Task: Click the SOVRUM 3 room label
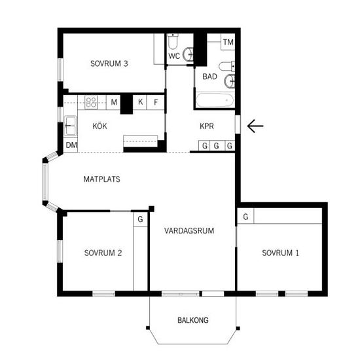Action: (x=109, y=63)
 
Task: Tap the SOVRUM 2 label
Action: (x=103, y=253)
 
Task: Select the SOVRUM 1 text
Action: (x=280, y=253)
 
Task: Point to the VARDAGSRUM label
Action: (x=189, y=231)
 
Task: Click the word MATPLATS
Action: (x=101, y=179)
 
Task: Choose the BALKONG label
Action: (x=193, y=320)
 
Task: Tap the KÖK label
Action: (x=99, y=126)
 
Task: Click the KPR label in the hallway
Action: (x=207, y=126)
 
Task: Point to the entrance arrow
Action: (x=255, y=126)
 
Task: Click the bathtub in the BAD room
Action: (x=215, y=100)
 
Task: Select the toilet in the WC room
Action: (x=173, y=41)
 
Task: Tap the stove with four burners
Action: (x=91, y=102)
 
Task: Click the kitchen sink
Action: (x=70, y=126)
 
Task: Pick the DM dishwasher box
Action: (x=71, y=145)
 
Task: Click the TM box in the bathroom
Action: (x=228, y=42)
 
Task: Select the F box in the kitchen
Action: (x=156, y=102)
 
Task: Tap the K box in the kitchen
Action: (x=140, y=102)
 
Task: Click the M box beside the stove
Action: (x=113, y=102)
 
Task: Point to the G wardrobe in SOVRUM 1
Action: (x=245, y=216)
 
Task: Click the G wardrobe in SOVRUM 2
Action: (x=140, y=219)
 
